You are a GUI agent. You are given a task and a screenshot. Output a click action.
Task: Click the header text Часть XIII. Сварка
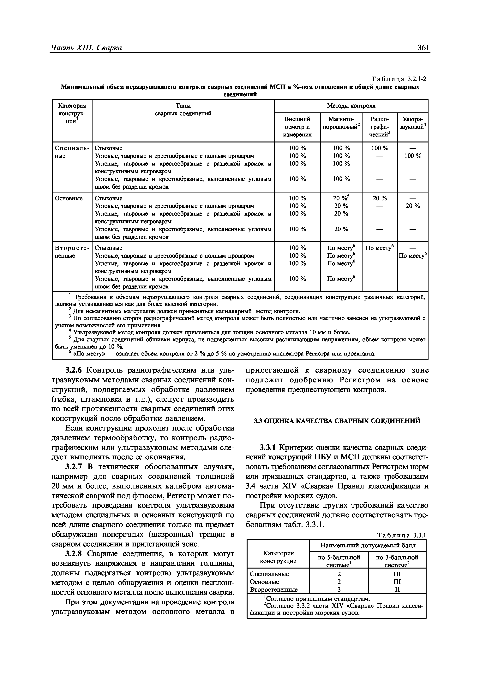(x=86, y=48)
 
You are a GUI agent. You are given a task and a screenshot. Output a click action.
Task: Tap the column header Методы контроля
(x=351, y=106)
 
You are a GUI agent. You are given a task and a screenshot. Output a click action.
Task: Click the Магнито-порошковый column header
(x=341, y=123)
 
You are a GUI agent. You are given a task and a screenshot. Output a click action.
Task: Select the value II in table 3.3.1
(x=397, y=589)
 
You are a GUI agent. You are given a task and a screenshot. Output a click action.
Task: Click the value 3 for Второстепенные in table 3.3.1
(x=339, y=589)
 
